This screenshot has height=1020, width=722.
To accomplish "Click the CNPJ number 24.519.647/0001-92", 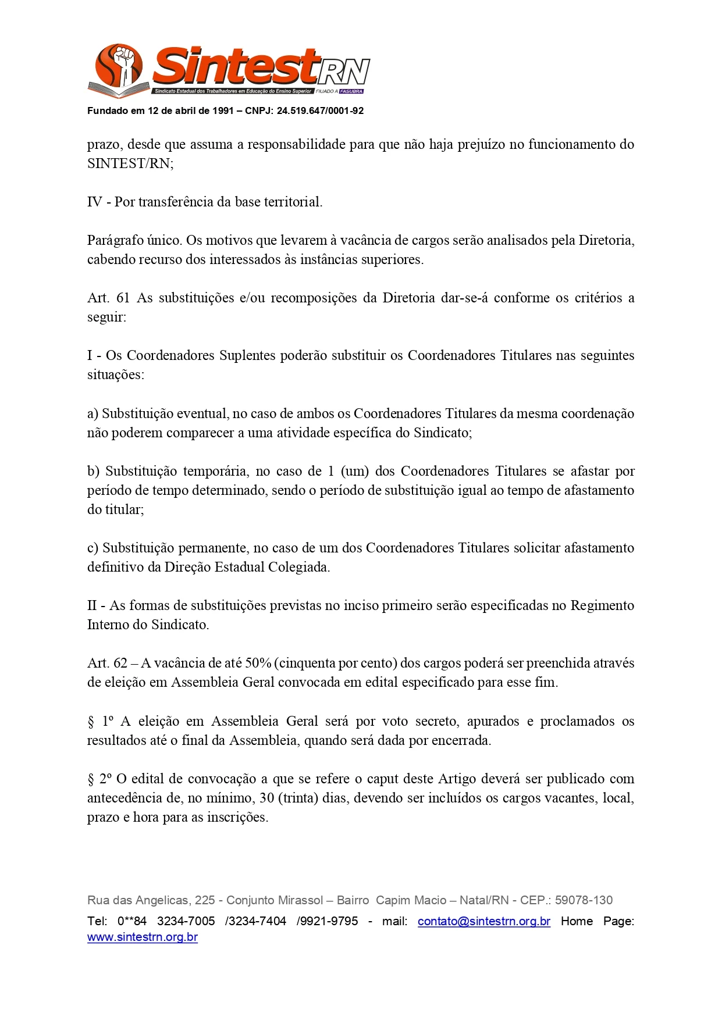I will pyautogui.click(x=320, y=111).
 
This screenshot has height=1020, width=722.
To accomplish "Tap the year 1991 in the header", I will pyautogui.click(x=223, y=111).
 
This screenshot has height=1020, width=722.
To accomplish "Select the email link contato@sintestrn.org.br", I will pyautogui.click(x=483, y=921).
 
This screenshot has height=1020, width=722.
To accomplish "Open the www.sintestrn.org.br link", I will pyautogui.click(x=143, y=937).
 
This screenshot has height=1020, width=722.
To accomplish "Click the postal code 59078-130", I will pyautogui.click(x=584, y=900).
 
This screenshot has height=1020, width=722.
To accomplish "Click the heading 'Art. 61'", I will pyautogui.click(x=108, y=298).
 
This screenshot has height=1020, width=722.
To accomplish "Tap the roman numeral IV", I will pyautogui.click(x=95, y=202).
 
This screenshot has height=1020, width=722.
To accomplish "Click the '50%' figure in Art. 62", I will pyautogui.click(x=258, y=663).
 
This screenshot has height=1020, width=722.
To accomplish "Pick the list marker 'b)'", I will pyautogui.click(x=94, y=471).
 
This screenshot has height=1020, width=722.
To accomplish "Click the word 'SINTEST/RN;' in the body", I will pyautogui.click(x=130, y=163).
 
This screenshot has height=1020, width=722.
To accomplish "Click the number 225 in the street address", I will pyautogui.click(x=205, y=900).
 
